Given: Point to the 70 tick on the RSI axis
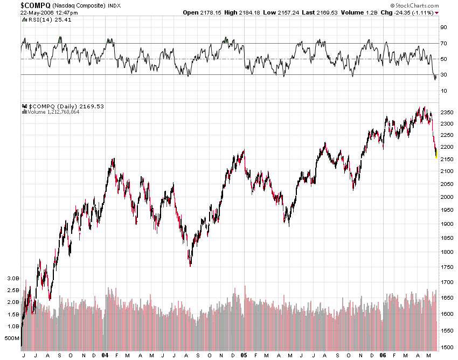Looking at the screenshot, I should [x=443, y=43].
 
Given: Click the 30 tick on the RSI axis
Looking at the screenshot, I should [x=443, y=75].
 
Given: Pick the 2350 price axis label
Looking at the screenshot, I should [x=447, y=113].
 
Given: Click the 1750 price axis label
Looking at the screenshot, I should [x=447, y=267].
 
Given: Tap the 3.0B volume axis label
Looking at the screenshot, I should [x=12, y=279].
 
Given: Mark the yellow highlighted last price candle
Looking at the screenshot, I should [x=436, y=155].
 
